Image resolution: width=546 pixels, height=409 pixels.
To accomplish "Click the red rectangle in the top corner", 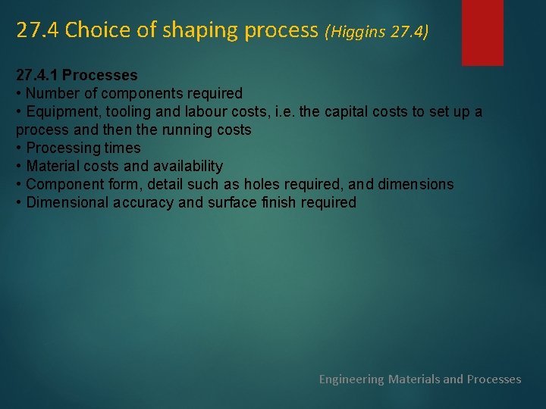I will coord(482,32).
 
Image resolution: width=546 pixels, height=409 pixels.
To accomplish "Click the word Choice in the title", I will coord(89,30).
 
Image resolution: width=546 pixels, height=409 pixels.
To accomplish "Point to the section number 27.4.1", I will coord(37,75).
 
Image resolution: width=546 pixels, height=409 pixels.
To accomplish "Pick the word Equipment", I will coord(61,111).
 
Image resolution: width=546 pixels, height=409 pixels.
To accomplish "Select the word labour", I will coord(200,111).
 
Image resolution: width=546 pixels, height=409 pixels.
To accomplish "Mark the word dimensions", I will coord(416,184).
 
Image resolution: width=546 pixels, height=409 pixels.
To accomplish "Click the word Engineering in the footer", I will coord(351,379).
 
